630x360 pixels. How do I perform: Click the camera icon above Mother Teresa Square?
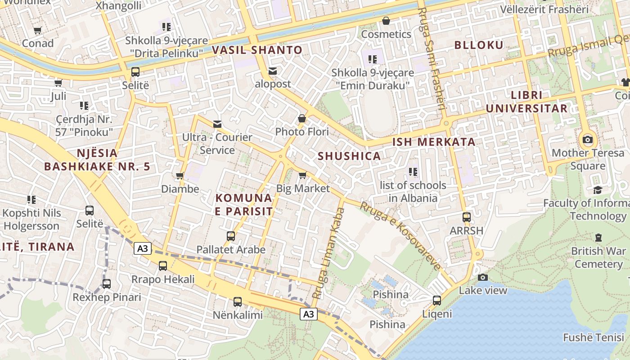[x=587, y=139]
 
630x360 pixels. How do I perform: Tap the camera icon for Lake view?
[x=483, y=277]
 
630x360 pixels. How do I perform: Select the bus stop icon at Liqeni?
[x=436, y=300]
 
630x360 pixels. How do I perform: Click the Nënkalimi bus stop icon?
[x=237, y=301]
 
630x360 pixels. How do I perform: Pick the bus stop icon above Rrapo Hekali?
[x=163, y=266]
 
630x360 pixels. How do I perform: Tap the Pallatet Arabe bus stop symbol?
[x=231, y=236]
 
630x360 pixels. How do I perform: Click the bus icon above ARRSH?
[x=467, y=217]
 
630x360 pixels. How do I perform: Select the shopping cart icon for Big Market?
[x=302, y=175]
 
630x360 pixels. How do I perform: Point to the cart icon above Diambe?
[x=180, y=175]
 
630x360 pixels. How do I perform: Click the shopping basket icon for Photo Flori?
[x=302, y=119]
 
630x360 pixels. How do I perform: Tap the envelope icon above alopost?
[x=273, y=71]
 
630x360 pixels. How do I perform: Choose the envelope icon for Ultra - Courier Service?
[x=217, y=124]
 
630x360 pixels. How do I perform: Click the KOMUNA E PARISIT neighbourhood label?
[x=243, y=205]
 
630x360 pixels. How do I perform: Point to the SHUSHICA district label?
[x=349, y=156]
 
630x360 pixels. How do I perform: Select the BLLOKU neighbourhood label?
[x=479, y=45]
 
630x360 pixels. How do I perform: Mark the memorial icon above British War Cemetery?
[x=598, y=237]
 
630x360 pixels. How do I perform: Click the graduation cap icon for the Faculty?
[x=598, y=190]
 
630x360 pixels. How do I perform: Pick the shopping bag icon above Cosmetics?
[x=386, y=21]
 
